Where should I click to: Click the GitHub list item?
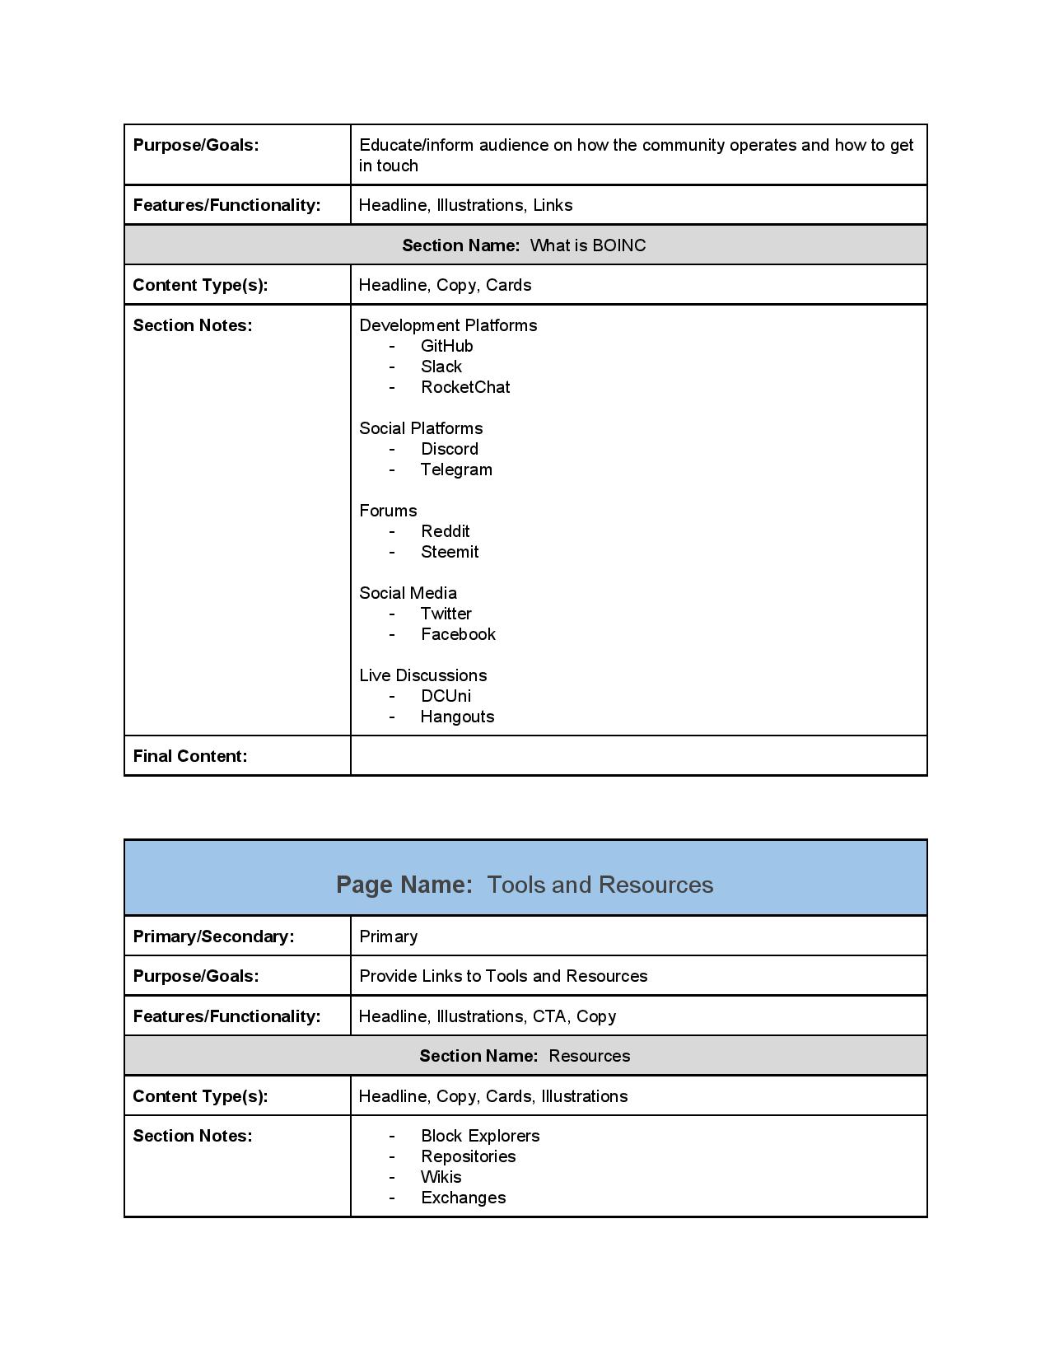[446, 346]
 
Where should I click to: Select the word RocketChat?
[465, 387]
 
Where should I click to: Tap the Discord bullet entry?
[449, 449]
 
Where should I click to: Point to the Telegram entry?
[456, 469]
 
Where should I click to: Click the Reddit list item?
[445, 531]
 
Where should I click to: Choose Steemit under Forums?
[450, 552]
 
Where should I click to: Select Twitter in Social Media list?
[446, 614]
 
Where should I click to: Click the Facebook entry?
[458, 634]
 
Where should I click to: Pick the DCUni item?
[446, 696]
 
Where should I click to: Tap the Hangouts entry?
[457, 717]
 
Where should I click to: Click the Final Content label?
[190, 756]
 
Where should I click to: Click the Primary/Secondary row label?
[213, 936]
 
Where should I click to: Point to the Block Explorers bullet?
[480, 1136]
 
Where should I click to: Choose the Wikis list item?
[441, 1177]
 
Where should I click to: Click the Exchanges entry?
[463, 1198]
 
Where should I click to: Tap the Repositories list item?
[468, 1156]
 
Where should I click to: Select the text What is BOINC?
[588, 245]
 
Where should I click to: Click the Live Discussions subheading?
[423, 675]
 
